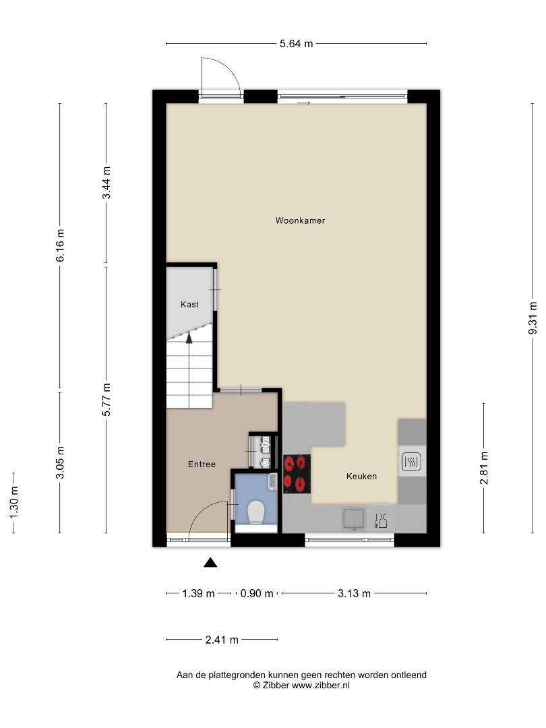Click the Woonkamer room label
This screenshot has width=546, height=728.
click(300, 220)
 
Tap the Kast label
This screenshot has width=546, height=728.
click(189, 305)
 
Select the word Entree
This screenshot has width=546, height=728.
click(202, 464)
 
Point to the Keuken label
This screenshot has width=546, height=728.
click(362, 477)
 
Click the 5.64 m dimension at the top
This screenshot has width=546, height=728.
click(296, 44)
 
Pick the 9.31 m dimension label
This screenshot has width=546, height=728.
click(533, 318)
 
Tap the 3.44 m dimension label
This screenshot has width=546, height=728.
click(107, 183)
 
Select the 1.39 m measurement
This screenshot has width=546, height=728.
click(198, 593)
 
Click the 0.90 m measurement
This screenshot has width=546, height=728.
click(257, 593)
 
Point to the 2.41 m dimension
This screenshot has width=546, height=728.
click(222, 640)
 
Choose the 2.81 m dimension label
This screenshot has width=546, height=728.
click(484, 468)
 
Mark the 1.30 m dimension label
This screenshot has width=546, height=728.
click(13, 503)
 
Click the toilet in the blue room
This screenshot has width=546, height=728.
click(256, 512)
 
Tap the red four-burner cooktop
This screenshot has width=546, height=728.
click(297, 474)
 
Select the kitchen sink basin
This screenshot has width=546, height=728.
click(354, 518)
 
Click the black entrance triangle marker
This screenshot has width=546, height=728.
click(210, 563)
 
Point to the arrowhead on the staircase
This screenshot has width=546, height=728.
click(189, 338)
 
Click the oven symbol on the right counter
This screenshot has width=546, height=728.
click(411, 462)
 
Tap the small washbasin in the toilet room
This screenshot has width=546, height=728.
click(273, 481)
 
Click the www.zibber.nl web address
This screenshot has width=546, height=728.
click(320, 686)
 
